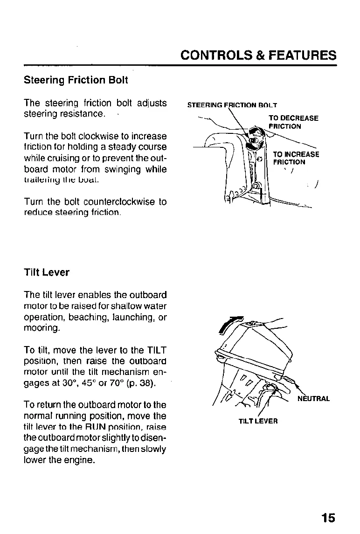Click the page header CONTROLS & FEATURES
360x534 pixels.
pyautogui.click(x=258, y=55)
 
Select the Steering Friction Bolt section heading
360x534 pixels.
pyautogui.click(x=76, y=80)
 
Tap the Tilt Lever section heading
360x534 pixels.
pyautogui.click(x=46, y=272)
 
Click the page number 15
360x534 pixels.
pyautogui.click(x=328, y=518)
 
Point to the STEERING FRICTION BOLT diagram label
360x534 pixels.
pyautogui.click(x=232, y=105)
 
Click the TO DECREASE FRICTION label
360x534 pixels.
pyautogui.click(x=293, y=122)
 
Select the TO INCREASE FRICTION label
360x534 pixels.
pyautogui.click(x=296, y=158)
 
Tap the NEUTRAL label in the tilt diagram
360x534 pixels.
pyautogui.click(x=314, y=399)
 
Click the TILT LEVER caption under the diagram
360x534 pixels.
pyautogui.click(x=258, y=421)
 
